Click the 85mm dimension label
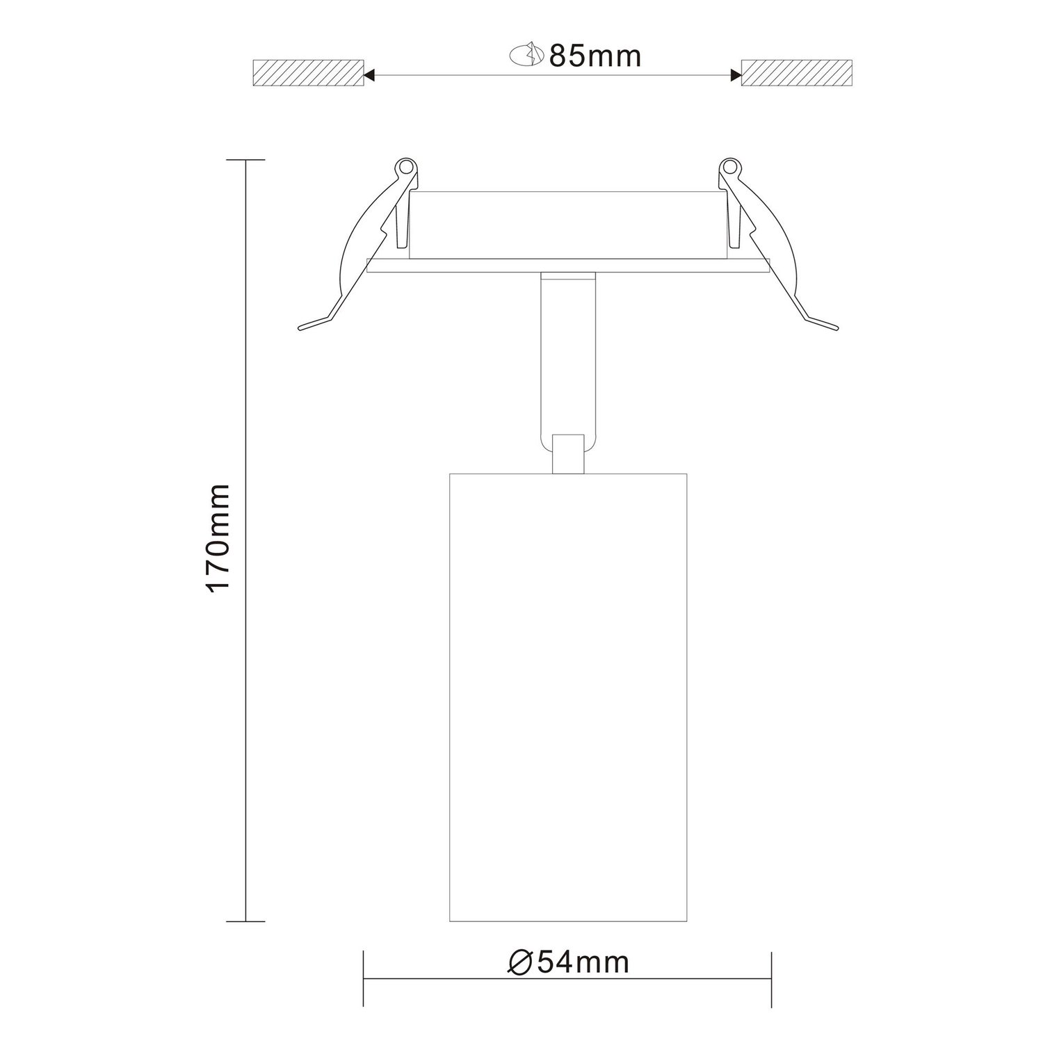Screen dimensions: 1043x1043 click(x=595, y=56)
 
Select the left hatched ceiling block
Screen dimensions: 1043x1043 click(x=308, y=73)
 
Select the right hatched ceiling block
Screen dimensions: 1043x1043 click(x=797, y=73)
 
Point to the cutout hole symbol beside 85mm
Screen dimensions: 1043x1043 click(x=527, y=55)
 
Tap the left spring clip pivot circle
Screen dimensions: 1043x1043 click(x=405, y=168)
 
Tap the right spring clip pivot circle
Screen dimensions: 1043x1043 click(x=729, y=168)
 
